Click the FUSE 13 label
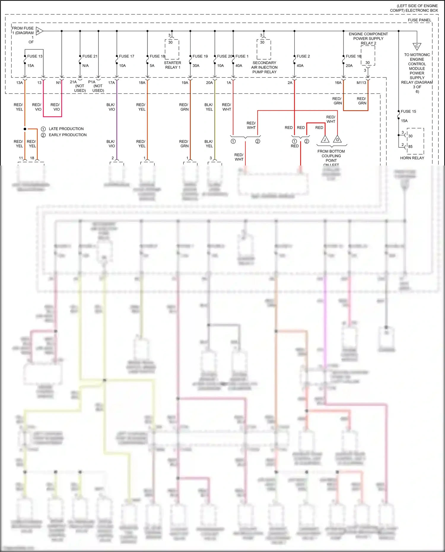(x=35, y=56)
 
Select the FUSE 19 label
(x=200, y=56)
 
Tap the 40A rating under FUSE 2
(x=300, y=66)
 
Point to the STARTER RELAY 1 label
(x=172, y=65)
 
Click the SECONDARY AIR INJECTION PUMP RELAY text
(x=264, y=67)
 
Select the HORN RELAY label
(x=412, y=158)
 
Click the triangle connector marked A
(x=39, y=31)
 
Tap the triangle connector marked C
(x=417, y=46)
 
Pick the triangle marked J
(x=325, y=139)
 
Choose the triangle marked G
(x=337, y=139)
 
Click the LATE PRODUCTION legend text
(x=66, y=129)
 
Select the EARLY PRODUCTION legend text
(x=68, y=135)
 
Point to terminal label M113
(x=361, y=83)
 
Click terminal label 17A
(x=111, y=83)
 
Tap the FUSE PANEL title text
(x=419, y=20)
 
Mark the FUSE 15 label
(x=408, y=112)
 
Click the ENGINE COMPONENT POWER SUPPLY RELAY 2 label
(x=368, y=39)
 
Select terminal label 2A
(x=290, y=83)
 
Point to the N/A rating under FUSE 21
(x=85, y=66)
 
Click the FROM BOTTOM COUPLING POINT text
(x=331, y=156)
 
